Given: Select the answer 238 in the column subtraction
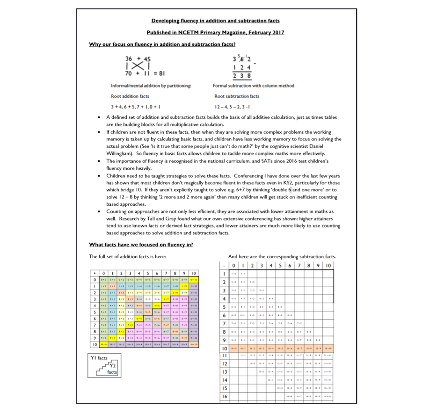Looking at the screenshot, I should click(242, 76).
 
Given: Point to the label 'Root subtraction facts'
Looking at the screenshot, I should click(237, 96).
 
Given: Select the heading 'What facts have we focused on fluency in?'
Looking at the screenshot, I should click(141, 244).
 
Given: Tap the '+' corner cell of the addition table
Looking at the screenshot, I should click(95, 273).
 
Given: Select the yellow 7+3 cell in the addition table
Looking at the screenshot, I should click(130, 325).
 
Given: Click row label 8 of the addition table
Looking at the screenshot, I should click(95, 331).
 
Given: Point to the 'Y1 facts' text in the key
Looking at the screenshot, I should click(99, 358).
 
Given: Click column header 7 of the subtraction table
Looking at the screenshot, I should click(299, 265).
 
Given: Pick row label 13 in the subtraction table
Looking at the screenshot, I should click(224, 371).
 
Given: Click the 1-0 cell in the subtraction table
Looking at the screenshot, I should click(233, 274).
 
